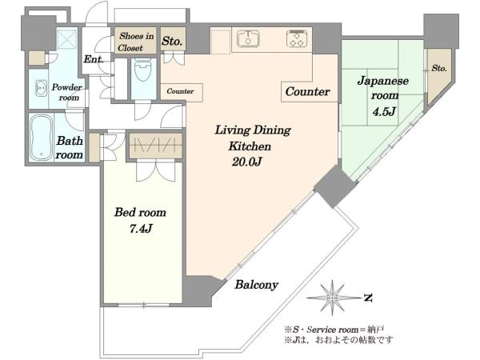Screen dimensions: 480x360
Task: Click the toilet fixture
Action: tap(143, 70)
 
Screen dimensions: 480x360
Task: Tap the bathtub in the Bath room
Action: tap(41, 138)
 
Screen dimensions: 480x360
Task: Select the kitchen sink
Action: tap(248, 38)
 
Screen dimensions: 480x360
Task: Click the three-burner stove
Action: tap(297, 38)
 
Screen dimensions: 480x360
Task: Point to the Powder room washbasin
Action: tap(42, 88)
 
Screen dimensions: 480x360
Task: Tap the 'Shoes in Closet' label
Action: tap(135, 42)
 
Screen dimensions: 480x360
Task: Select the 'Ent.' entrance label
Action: tap(94, 59)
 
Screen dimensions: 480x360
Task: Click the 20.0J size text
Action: tap(246, 162)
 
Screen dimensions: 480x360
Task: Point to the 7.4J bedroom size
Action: tap(141, 228)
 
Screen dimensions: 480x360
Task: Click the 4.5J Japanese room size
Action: tap(384, 111)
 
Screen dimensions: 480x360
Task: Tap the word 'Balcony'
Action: tap(256, 285)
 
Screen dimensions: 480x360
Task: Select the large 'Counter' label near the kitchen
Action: tap(307, 91)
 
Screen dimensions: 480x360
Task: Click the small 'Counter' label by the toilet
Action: tap(180, 91)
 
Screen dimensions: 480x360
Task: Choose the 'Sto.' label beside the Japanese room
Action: tap(439, 68)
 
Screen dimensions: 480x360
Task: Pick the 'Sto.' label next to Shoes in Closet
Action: tap(173, 41)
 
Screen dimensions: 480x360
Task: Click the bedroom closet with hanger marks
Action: tap(156, 146)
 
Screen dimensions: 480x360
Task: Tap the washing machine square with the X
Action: tap(67, 38)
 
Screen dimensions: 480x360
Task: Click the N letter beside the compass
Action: tap(368, 298)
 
